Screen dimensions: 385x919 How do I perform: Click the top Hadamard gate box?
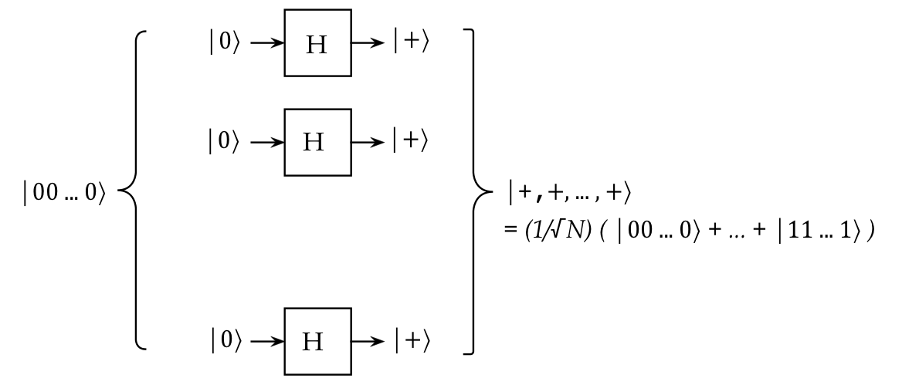click(x=317, y=43)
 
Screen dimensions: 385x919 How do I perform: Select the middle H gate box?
click(x=317, y=142)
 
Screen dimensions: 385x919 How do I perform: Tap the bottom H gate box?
click(x=317, y=341)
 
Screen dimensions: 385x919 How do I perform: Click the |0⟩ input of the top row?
click(x=225, y=43)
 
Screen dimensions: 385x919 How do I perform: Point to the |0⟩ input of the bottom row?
click(x=225, y=341)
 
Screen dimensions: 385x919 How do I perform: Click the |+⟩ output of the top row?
click(x=410, y=43)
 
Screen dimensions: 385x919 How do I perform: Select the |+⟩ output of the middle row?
click(x=410, y=142)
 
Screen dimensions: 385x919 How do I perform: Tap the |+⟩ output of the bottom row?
click(x=410, y=341)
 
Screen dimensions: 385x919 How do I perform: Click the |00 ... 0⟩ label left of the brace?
click(x=63, y=193)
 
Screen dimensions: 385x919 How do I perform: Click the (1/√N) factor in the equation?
click(x=545, y=231)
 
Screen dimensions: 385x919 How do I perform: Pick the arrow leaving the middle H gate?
click(x=368, y=142)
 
